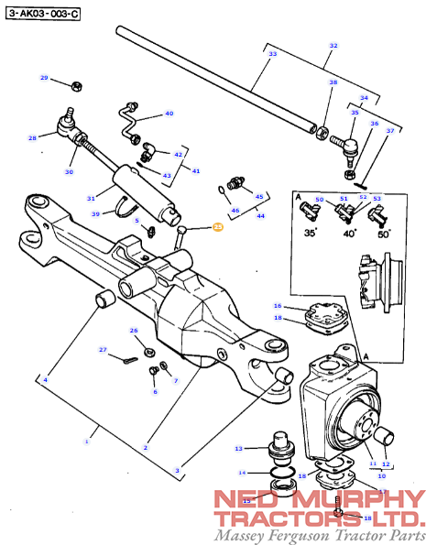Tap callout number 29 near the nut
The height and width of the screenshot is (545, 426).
pyautogui.click(x=43, y=78)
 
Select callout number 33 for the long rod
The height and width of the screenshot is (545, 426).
pyautogui.click(x=272, y=55)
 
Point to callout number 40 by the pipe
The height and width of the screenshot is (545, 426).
pyautogui.click(x=169, y=114)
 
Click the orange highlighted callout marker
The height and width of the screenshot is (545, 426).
pyautogui.click(x=218, y=226)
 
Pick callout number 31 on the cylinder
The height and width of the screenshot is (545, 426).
pyautogui.click(x=91, y=199)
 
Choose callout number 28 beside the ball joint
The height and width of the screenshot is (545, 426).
pyautogui.click(x=32, y=139)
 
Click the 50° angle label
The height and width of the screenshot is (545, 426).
pyautogui.click(x=384, y=234)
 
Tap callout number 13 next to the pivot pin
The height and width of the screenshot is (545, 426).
pyautogui.click(x=238, y=449)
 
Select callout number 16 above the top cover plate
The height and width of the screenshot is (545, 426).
pyautogui.click(x=277, y=305)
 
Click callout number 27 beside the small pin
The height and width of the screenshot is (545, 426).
pyautogui.click(x=104, y=350)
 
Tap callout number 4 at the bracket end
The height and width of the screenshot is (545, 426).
pyautogui.click(x=46, y=380)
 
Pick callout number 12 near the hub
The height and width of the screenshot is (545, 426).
pyautogui.click(x=387, y=464)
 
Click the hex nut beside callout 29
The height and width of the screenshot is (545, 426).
pyautogui.click(x=78, y=87)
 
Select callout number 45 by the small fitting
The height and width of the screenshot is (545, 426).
pyautogui.click(x=258, y=197)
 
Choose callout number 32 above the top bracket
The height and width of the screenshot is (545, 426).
pyautogui.click(x=333, y=46)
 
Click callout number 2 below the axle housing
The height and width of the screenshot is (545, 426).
pyautogui.click(x=146, y=446)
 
